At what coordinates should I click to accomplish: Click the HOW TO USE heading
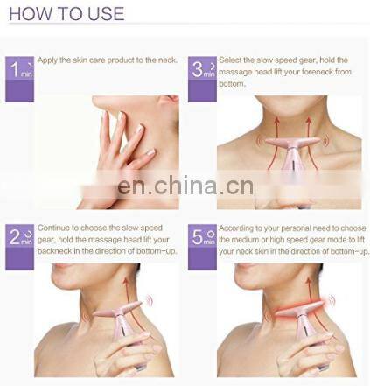pyautogui.click(x=66, y=14)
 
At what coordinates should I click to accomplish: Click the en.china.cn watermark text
pyautogui.click(x=185, y=186)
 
